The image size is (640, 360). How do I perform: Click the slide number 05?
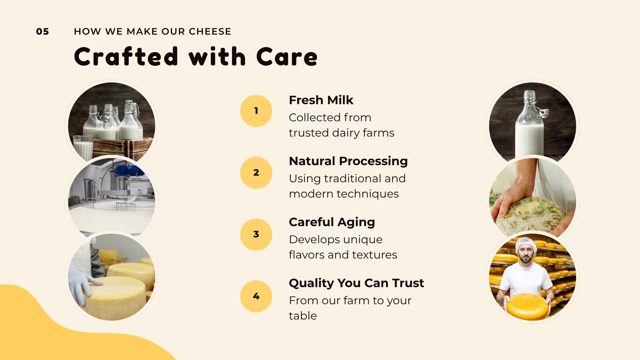pos(42,32)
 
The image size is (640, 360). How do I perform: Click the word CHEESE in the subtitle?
pos(210,32)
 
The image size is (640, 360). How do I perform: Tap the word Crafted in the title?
pos(126,56)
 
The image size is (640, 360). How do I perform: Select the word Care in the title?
pos(286,56)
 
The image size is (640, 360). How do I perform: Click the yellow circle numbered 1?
pos(256,111)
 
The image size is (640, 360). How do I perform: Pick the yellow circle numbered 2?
pos(256,172)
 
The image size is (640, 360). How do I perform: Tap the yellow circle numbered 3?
pos(256,234)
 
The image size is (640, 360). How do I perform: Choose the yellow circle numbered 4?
pos(256,296)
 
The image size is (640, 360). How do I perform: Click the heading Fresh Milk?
pos(321,100)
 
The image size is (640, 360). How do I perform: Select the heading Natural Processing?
pos(348,162)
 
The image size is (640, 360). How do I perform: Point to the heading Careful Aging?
pos(332,222)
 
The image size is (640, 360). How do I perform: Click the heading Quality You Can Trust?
pos(356,283)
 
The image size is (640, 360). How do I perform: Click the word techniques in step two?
pos(368,194)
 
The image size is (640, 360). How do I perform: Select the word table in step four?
pos(303,316)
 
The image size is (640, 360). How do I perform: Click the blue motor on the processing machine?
pos(128,170)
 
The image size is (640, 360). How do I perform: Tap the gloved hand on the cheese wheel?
pos(83,282)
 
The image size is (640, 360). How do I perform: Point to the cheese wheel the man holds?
pos(528,306)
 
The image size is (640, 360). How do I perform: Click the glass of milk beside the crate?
pos(84,148)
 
